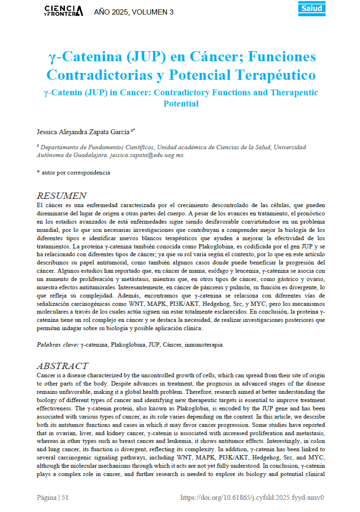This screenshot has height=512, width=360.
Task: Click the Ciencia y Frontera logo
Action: click(x=63, y=11)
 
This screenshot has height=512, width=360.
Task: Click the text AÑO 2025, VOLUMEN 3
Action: click(x=134, y=12)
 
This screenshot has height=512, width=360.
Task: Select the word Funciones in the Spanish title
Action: click(x=282, y=57)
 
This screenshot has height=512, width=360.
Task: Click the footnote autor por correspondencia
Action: click(x=75, y=172)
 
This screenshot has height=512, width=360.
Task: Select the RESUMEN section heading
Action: click(x=61, y=195)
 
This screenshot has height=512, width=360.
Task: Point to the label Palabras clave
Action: click(x=57, y=344)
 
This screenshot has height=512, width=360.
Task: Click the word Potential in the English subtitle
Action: click(x=181, y=103)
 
